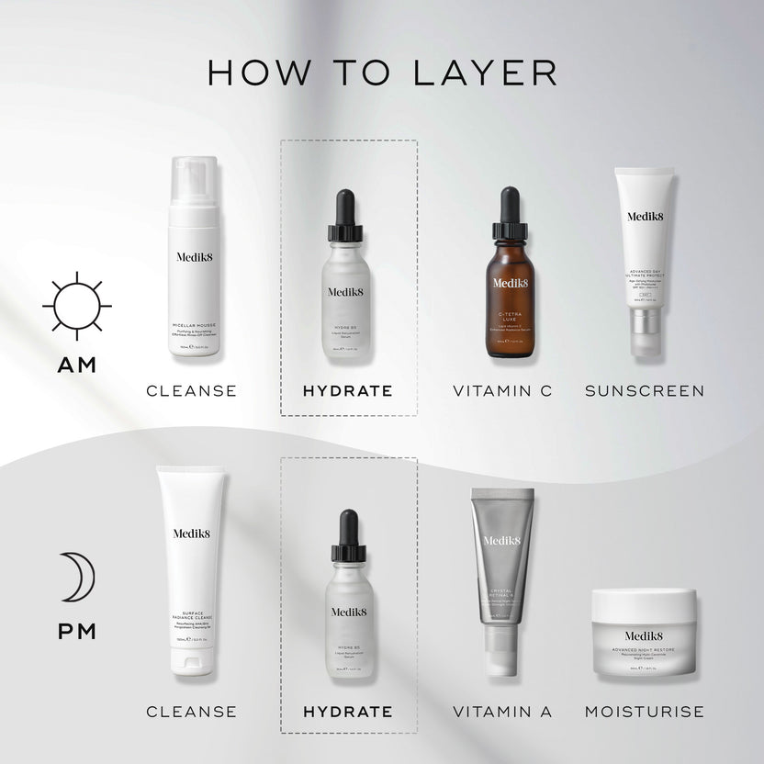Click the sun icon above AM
click(77, 306)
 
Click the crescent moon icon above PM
click(78, 577)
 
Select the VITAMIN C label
click(502, 391)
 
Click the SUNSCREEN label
click(645, 391)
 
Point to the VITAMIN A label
click(502, 712)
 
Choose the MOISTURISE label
click(645, 712)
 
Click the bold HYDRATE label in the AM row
click(348, 391)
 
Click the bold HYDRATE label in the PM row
click(348, 712)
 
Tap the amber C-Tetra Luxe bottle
click(511, 294)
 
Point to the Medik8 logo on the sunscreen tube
click(646, 217)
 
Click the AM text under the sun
click(77, 365)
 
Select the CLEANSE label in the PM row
click(192, 712)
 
